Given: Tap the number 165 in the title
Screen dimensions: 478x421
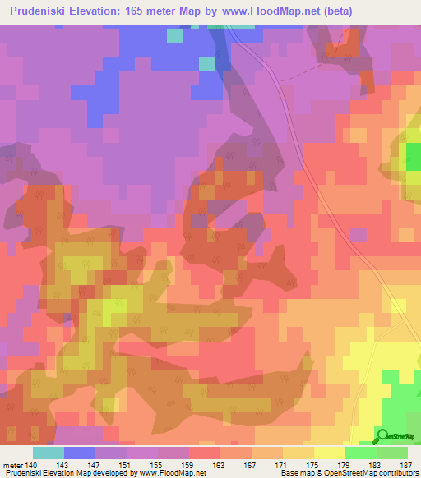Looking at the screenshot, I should coord(158,11).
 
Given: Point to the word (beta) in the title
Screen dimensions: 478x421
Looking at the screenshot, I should coord(388,11).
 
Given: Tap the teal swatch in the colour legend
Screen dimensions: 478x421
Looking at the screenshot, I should coord(49,453).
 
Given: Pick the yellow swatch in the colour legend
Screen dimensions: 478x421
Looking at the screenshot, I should coord(330,453).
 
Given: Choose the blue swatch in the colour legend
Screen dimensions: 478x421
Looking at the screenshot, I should coord(80,453).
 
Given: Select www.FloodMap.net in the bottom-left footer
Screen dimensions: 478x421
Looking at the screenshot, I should coord(172,473).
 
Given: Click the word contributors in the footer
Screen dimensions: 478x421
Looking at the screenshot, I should coord(398,473).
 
